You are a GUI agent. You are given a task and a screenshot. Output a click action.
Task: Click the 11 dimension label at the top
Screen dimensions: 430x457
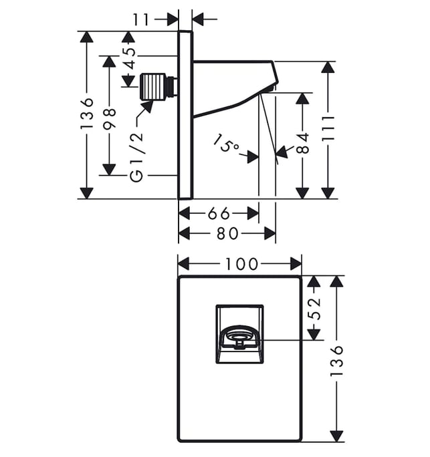coord(141,20)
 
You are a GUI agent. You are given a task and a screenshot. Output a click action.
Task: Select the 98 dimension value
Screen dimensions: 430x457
coord(110,118)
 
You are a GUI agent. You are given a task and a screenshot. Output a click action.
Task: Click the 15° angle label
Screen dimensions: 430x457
coord(225,142)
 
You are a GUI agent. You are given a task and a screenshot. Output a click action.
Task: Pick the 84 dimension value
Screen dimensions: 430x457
coord(303,143)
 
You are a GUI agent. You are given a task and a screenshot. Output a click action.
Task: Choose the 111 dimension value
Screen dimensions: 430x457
coord(328,128)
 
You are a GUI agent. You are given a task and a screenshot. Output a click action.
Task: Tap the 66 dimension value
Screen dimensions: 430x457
coord(219,214)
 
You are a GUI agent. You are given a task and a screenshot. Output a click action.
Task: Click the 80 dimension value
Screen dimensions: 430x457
coord(227,233)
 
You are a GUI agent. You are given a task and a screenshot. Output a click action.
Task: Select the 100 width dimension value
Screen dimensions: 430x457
coord(242,264)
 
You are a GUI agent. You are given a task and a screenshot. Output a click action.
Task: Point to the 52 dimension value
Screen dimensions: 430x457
coord(314,309)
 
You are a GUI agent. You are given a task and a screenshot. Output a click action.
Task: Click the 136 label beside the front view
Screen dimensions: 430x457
coord(336,361)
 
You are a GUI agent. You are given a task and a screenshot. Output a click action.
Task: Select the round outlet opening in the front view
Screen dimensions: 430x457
coord(239,337)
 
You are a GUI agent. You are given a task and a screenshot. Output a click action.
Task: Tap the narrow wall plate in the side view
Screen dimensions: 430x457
coord(185,115)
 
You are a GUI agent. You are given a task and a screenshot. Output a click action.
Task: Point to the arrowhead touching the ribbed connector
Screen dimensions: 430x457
coord(148,106)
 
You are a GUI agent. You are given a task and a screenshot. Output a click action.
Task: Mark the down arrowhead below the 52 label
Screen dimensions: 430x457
coord(314,333)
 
